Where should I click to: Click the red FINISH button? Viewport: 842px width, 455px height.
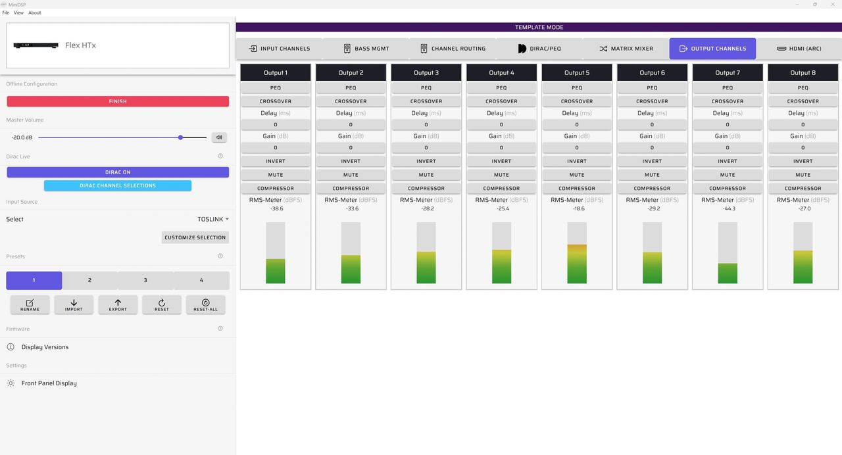pyautogui.click(x=118, y=101)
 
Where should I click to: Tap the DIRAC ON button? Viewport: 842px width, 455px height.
pyautogui.click(x=118, y=172)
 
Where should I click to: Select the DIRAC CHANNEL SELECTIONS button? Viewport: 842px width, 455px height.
pyautogui.click(x=118, y=185)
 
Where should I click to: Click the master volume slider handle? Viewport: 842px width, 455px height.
pyautogui.click(x=181, y=137)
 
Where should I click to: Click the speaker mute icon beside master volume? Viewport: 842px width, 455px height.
pyautogui.click(x=219, y=137)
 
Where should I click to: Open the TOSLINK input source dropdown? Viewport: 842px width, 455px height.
pyautogui.click(x=213, y=219)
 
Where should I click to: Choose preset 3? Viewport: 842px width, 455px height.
pyautogui.click(x=145, y=280)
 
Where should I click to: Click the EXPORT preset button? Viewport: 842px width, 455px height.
pyautogui.click(x=118, y=304)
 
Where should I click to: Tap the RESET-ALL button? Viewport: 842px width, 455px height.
pyautogui.click(x=206, y=304)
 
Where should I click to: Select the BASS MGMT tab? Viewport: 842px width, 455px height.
pyautogui.click(x=366, y=49)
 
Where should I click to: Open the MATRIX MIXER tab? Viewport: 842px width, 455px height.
pyautogui.click(x=626, y=49)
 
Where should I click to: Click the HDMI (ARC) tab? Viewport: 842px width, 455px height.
pyautogui.click(x=799, y=49)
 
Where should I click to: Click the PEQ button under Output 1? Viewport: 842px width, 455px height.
pyautogui.click(x=276, y=88)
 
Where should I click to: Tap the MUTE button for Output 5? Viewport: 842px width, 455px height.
pyautogui.click(x=577, y=175)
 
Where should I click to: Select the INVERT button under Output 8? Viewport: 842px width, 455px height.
pyautogui.click(x=803, y=161)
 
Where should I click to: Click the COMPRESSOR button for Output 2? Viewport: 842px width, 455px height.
pyautogui.click(x=351, y=188)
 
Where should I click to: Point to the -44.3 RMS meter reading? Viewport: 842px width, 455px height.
pyautogui.click(x=729, y=208)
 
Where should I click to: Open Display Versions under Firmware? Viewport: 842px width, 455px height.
pyautogui.click(x=45, y=347)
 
